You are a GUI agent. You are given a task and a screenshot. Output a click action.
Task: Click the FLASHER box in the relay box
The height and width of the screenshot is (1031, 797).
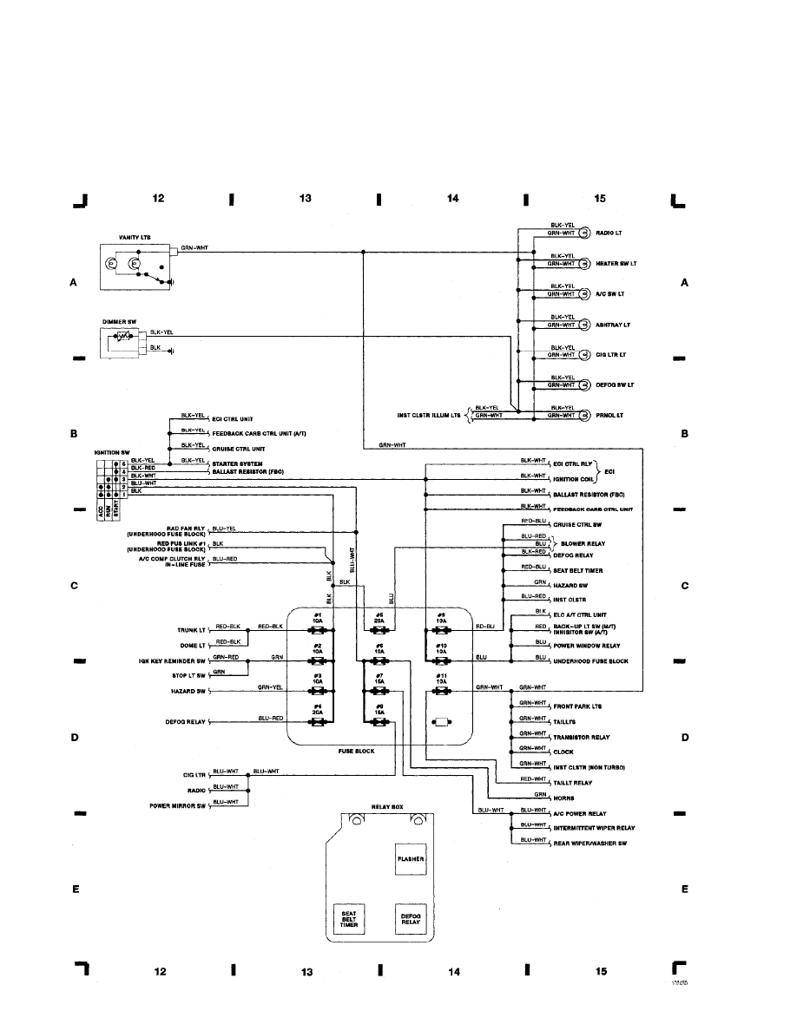click(x=411, y=859)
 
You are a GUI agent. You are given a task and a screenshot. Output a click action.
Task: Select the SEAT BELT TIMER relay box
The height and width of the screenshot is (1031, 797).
click(x=349, y=920)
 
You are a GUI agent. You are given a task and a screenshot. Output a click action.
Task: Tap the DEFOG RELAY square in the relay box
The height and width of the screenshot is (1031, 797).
click(x=411, y=920)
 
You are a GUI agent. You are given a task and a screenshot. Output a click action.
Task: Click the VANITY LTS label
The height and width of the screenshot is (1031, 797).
click(x=135, y=236)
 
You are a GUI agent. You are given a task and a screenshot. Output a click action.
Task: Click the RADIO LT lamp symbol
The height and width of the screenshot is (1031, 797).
click(x=584, y=233)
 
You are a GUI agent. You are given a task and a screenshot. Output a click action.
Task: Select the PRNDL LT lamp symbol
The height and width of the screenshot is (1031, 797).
click(x=584, y=415)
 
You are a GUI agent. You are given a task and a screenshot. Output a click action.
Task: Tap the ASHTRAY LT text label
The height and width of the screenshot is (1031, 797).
click(x=614, y=325)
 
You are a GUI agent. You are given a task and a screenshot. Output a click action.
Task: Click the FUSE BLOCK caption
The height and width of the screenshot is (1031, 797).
click(x=356, y=751)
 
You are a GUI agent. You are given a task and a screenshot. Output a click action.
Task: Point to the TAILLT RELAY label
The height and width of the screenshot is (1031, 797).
click(x=574, y=783)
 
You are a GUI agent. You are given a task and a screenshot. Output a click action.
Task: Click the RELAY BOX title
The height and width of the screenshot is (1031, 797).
click(x=387, y=807)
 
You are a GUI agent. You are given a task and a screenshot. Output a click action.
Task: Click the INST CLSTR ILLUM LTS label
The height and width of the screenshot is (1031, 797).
click(x=425, y=415)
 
